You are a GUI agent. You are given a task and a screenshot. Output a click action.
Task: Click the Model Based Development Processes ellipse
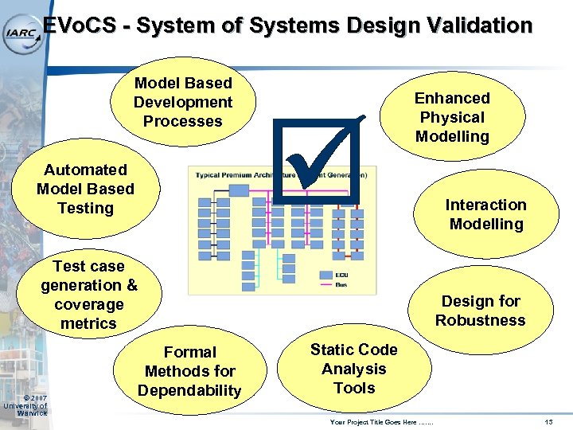[x=183, y=102]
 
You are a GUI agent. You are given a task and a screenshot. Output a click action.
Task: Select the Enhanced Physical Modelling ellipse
[x=452, y=117]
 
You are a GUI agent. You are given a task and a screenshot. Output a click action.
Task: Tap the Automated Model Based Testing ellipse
[x=85, y=190]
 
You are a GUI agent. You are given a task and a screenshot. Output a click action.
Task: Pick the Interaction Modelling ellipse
[x=485, y=214]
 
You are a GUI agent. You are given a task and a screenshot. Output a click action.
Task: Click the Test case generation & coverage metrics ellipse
[x=88, y=295]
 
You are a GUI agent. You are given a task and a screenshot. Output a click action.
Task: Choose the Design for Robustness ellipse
[x=480, y=311]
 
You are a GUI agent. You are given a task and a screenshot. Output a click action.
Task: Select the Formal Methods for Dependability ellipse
[x=189, y=371]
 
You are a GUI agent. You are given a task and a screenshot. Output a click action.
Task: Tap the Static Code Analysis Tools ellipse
[x=353, y=369]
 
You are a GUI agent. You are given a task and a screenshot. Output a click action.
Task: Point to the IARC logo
[x=21, y=32]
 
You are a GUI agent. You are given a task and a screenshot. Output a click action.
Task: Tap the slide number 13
[x=548, y=421]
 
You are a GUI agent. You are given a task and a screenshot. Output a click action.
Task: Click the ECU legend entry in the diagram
[x=332, y=275]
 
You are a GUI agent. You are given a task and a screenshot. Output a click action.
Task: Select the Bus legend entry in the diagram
[x=332, y=283]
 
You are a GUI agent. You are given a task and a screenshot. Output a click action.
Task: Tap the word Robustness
[x=480, y=320]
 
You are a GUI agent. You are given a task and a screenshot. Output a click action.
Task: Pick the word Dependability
[x=189, y=390]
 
